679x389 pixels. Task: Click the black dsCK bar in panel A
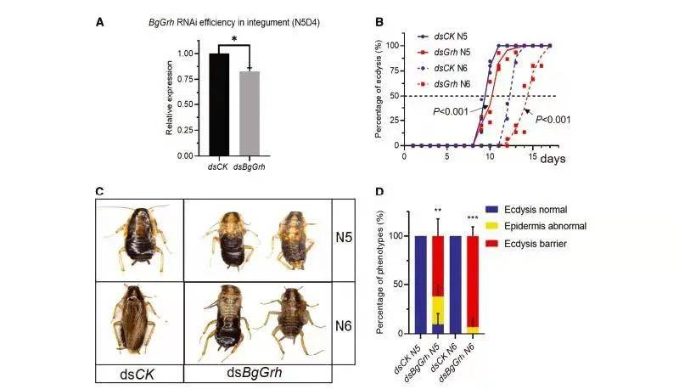pyautogui.click(x=218, y=104)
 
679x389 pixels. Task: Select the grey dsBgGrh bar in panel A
pyautogui.click(x=248, y=114)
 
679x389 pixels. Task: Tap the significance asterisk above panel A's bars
pyautogui.click(x=233, y=39)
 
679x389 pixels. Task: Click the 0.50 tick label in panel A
pyautogui.click(x=186, y=104)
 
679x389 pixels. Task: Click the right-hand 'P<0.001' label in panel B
pyautogui.click(x=552, y=120)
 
